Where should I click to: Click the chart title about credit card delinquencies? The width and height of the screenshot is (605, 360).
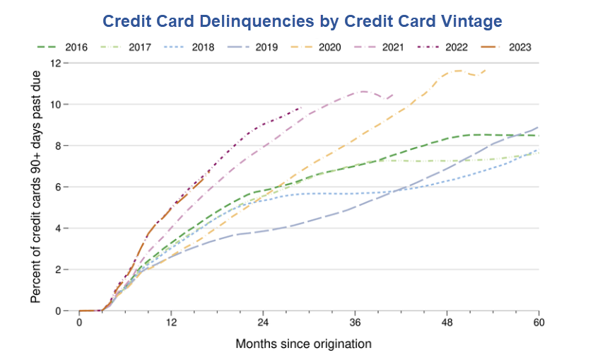[x=302, y=21]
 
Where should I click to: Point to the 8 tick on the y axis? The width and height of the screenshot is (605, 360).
[x=60, y=146]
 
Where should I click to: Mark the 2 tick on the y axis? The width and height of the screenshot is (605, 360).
[x=60, y=269]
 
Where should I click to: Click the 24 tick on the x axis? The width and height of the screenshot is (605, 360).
[x=263, y=323]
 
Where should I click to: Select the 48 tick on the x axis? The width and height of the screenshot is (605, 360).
[x=447, y=323]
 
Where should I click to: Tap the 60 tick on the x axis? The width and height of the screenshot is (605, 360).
[x=539, y=323]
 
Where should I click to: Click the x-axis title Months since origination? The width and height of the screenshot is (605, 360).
[x=303, y=344]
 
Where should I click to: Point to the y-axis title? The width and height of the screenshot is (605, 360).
[x=35, y=187]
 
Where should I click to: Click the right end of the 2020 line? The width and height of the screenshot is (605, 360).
[x=486, y=69]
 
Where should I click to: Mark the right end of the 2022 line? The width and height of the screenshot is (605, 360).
[x=302, y=108]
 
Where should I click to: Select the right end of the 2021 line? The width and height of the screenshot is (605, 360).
[x=394, y=94]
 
